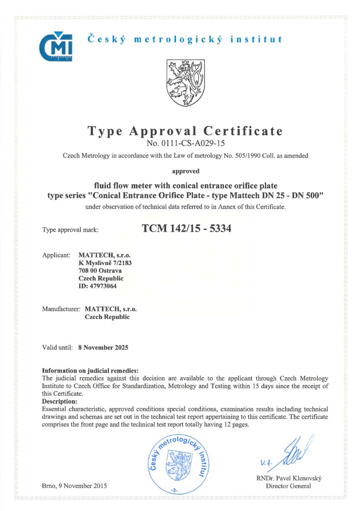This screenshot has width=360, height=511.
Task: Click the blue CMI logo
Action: click(55, 46)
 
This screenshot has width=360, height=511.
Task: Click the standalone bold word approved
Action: click(185, 171)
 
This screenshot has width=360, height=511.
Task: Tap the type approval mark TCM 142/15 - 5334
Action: click(186, 229)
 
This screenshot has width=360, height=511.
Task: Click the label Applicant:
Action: click(56, 255)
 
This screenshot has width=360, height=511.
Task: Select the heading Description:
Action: click(59, 401)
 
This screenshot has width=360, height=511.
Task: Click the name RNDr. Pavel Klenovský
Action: click(289, 478)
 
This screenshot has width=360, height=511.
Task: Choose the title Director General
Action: click(289, 486)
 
